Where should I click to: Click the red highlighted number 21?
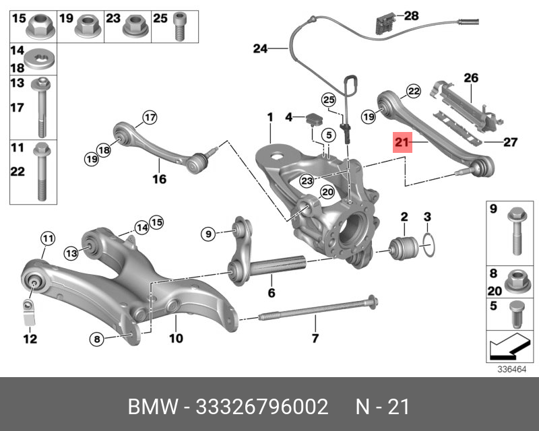coord(402,142)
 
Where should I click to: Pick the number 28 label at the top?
coord(410,15)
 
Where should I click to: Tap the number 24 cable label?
coord(260,48)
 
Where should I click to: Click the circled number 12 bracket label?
coord(30,339)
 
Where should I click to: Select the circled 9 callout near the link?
coord(208,234)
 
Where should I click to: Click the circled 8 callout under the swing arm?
coord(97,339)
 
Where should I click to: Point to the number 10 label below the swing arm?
coord(176,338)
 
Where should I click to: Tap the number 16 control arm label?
coord(158,179)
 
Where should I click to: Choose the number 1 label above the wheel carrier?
coord(269,118)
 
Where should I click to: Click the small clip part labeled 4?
coord(314,119)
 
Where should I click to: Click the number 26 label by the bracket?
coord(470,78)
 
